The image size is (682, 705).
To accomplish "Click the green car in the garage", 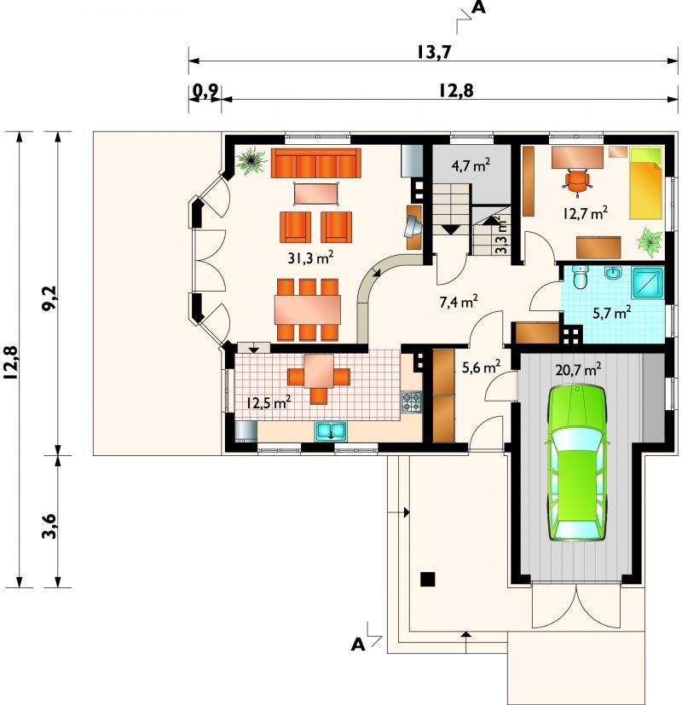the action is coord(576,463).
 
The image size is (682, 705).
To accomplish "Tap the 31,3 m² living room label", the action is coord(310,258).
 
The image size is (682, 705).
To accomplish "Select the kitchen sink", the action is coord(331,431).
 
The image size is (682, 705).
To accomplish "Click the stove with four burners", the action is coord(412,402).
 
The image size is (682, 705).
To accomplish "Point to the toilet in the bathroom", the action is coord(580,277).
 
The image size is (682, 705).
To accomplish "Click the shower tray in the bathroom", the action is coord(647,283).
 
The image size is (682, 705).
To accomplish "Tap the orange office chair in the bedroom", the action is coord(577,182).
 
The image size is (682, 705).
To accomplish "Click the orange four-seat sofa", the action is coord(316,163).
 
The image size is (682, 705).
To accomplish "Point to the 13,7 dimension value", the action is coord(433,52).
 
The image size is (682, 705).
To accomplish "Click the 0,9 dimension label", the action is coord(205,91).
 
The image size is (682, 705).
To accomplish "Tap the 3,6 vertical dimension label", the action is coord(49,526).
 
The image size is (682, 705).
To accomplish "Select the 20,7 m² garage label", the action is coord(578,370).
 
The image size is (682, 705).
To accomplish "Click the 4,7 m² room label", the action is coord(471,165).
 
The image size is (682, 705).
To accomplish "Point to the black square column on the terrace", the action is coord(428,579).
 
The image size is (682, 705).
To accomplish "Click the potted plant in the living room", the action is coord(251,160).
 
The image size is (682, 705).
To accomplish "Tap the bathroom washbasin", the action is coord(613,273).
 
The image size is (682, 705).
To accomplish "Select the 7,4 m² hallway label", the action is coord(458,302).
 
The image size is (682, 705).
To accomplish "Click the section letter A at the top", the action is coord(480,8).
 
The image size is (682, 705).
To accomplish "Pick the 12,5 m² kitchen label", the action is coord(268,402).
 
